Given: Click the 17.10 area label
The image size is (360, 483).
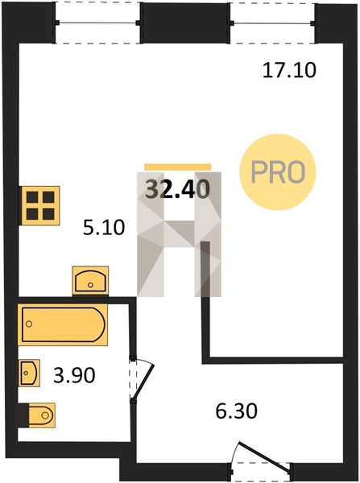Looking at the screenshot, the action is pos(289,70).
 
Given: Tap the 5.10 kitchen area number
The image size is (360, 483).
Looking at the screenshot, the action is pos(104,228).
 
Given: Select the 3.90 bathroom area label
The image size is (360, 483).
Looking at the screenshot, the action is pos(74,375).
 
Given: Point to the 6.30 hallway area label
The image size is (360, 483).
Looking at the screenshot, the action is pos(236,411).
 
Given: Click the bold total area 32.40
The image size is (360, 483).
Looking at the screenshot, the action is pos(177,189).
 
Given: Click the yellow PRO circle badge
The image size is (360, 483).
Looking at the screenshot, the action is pos(278,172).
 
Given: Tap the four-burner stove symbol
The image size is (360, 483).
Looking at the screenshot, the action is pos(39,205).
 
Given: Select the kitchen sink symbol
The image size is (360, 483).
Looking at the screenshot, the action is pos(91,281).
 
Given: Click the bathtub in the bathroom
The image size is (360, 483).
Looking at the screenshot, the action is pos(63,324).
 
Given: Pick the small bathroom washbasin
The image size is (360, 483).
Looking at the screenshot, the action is pos(29,373).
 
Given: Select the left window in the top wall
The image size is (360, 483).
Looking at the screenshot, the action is pos(97,23).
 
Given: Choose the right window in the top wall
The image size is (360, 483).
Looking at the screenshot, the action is pos(273,23).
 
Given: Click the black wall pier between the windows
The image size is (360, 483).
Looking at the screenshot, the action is pos(185,23).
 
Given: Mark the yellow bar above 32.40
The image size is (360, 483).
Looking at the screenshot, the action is pos(178,167).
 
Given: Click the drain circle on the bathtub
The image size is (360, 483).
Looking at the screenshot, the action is pos(29,324).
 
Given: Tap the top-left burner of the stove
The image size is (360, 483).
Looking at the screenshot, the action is pos(32,197).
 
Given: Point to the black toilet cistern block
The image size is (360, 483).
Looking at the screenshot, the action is pos(23,415).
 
